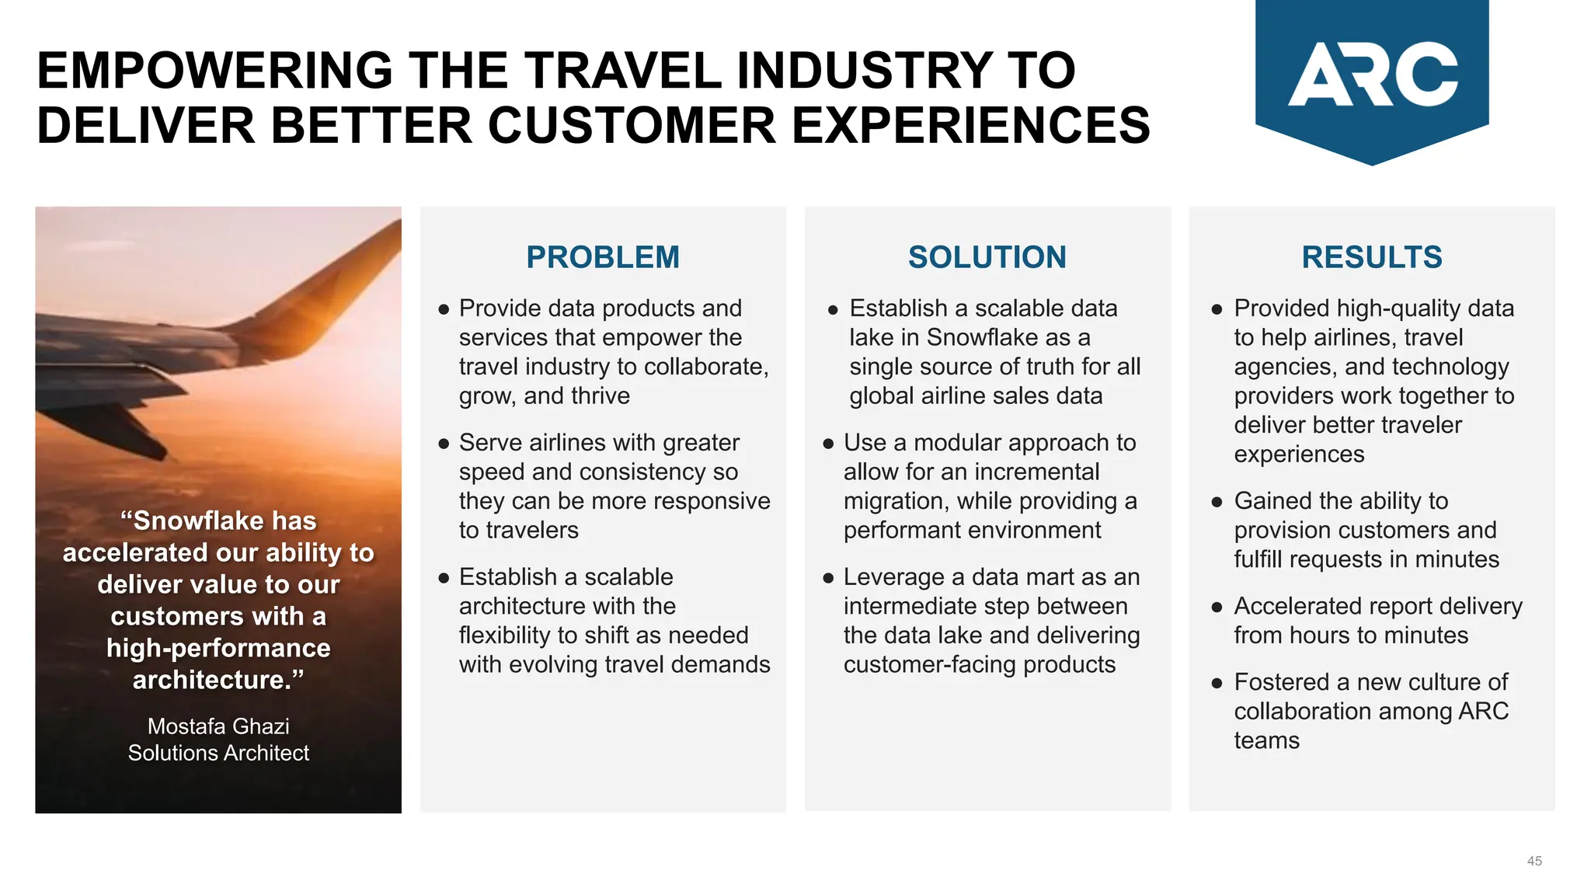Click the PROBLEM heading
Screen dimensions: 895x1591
pos(602,257)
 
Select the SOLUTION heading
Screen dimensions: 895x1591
pos(987,257)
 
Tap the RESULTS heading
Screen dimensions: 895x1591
pos(1371,257)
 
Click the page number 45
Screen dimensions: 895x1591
pos(1534,861)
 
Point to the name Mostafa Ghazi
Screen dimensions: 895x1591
pos(218,726)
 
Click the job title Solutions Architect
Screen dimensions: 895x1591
pos(218,753)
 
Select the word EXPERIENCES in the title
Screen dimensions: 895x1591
pos(970,126)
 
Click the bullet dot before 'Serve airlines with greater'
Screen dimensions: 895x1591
pos(444,444)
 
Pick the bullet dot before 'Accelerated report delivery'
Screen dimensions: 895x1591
pos(1217,607)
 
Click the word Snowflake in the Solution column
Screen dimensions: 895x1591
pos(983,337)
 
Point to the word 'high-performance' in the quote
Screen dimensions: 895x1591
pos(218,648)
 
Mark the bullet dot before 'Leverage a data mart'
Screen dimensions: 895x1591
pos(828,578)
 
